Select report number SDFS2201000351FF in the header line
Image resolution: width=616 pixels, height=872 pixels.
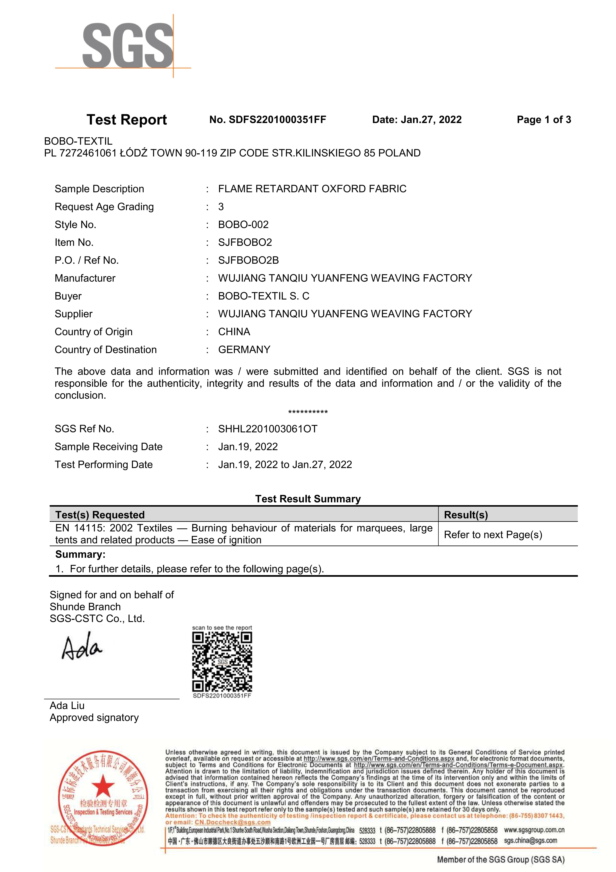(x=277, y=120)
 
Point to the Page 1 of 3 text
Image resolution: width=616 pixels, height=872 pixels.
(x=543, y=120)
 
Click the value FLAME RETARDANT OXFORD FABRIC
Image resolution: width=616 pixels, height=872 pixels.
(x=312, y=189)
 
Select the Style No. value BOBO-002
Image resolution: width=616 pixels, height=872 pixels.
(x=243, y=224)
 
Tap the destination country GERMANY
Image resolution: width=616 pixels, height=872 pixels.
(x=244, y=349)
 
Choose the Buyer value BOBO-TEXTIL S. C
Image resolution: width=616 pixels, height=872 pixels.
(x=263, y=296)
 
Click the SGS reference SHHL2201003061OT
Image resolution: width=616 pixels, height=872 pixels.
(x=268, y=429)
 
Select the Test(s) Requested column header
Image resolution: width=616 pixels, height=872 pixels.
(x=100, y=515)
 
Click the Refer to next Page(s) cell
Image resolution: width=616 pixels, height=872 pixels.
(x=493, y=534)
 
